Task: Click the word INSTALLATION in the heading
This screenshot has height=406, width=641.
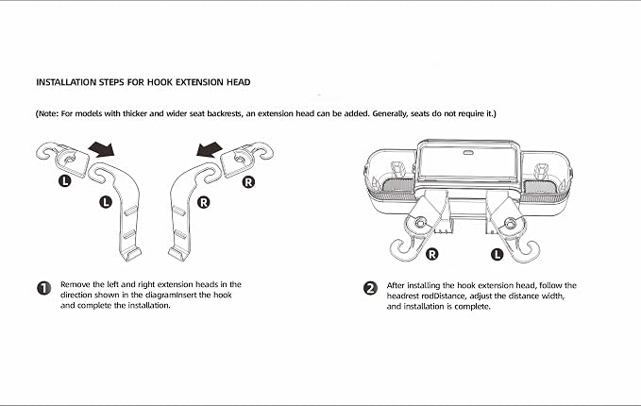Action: (x=66, y=82)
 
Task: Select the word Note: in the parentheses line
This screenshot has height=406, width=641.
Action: (x=47, y=113)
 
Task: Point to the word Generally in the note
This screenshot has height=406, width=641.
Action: (x=390, y=113)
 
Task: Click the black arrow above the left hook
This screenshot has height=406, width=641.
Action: (x=102, y=149)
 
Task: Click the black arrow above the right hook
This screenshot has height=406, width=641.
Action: (x=210, y=149)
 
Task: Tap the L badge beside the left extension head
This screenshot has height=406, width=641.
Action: (x=64, y=180)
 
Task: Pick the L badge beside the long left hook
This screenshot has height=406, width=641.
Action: (x=106, y=202)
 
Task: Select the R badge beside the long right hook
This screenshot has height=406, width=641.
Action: (x=203, y=202)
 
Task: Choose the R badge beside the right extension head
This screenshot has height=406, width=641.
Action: (x=248, y=182)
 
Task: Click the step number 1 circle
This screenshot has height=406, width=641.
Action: (x=44, y=288)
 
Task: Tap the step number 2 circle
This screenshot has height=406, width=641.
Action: (x=370, y=288)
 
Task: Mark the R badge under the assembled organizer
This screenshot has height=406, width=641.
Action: (x=432, y=254)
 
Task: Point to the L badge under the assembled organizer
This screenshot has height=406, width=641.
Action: (x=497, y=254)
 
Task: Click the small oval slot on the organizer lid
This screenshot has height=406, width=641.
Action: (x=468, y=153)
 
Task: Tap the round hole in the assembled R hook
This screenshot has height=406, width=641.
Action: (x=419, y=223)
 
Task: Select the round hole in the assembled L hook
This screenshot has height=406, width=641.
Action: (x=510, y=223)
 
